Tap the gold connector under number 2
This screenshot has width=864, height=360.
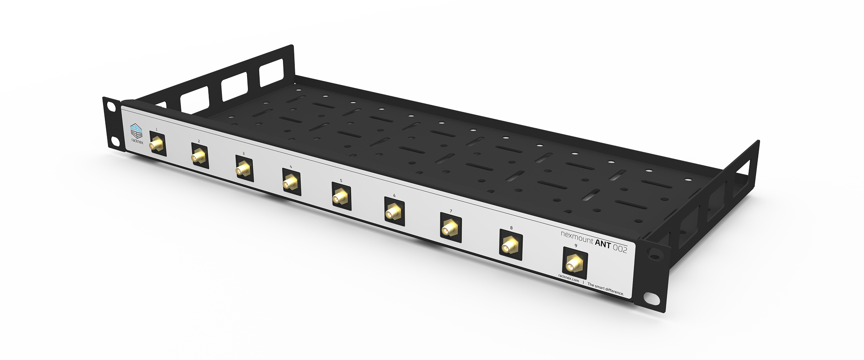(198, 157)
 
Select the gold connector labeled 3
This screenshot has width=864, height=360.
(243, 170)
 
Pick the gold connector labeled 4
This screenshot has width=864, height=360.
(290, 183)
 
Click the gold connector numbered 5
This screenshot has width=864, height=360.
(340, 197)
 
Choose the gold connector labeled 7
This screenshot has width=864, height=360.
(449, 229)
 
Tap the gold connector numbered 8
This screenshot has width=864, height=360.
(509, 246)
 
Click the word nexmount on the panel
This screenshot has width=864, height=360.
(576, 237)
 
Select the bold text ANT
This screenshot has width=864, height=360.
(603, 244)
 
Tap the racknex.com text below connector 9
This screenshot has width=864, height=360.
(568, 278)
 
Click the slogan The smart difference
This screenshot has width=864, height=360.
(605, 288)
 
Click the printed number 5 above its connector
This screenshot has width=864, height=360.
(341, 180)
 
